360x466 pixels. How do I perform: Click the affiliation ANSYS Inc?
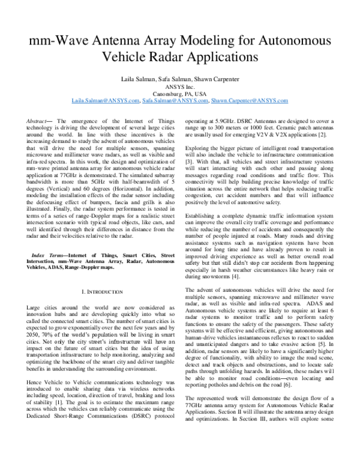coord(180,86)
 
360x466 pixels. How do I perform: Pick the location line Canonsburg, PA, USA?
coord(180,94)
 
